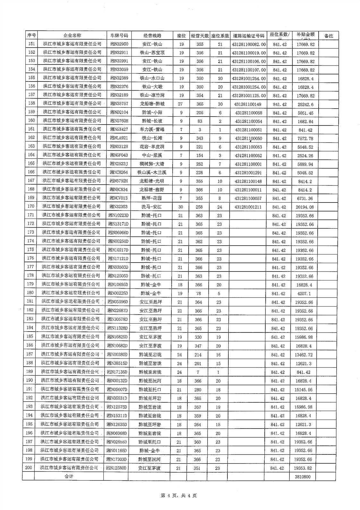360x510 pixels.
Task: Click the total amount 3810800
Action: [303, 477]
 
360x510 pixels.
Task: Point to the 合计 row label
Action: [69, 476]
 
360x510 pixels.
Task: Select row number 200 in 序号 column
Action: [29, 468]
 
